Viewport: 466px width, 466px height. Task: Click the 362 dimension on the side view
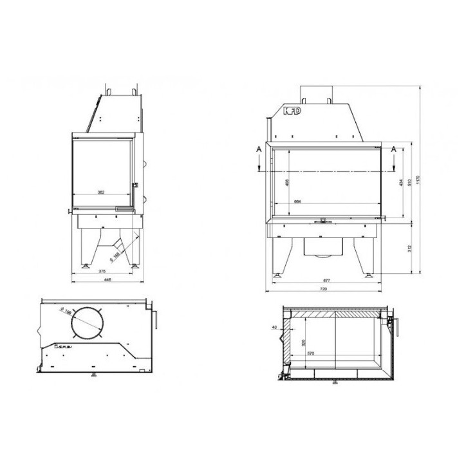[x=101, y=192]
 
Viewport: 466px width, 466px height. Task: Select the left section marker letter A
[x=258, y=149]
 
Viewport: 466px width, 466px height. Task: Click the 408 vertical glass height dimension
[x=286, y=183]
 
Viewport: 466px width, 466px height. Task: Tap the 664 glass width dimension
[x=298, y=202]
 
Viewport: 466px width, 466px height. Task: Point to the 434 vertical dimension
[x=400, y=183]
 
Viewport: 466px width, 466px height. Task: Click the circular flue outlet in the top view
[x=88, y=323]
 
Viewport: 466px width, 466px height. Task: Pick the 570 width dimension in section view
[x=311, y=353]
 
